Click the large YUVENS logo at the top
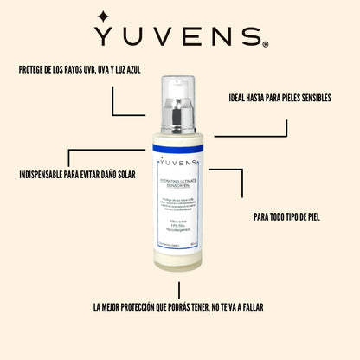click(x=180, y=36)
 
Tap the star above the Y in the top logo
click(x=103, y=16)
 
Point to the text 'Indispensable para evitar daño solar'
click(x=75, y=174)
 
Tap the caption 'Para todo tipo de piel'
click(x=287, y=216)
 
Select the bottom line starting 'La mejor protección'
click(x=179, y=306)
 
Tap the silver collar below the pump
click(x=180, y=112)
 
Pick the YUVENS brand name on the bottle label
click(x=180, y=165)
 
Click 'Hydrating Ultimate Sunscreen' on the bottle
click(x=179, y=180)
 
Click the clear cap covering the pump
click(x=180, y=90)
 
